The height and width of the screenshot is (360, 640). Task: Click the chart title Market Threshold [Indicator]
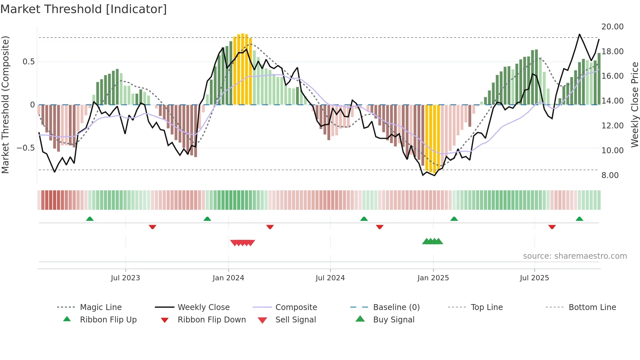click(x=84, y=9)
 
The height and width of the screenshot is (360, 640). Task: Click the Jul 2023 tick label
click(x=125, y=278)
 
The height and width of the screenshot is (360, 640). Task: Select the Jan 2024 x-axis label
click(x=228, y=278)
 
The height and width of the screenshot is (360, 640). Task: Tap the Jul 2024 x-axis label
click(x=330, y=278)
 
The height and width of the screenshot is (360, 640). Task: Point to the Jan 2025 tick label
click(x=433, y=278)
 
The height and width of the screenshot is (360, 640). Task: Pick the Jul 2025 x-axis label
click(x=535, y=278)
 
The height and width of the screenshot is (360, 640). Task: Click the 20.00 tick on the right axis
click(x=613, y=27)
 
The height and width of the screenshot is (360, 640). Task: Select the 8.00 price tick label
click(x=610, y=175)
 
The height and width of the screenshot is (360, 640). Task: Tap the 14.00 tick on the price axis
click(x=613, y=101)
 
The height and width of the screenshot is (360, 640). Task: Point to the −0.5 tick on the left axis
click(x=25, y=148)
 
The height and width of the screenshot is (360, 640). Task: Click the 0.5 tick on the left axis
click(x=28, y=62)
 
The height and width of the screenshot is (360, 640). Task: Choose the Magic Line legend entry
click(x=101, y=307)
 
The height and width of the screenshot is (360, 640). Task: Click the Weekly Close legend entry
click(x=203, y=307)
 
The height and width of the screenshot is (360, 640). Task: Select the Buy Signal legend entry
click(x=393, y=320)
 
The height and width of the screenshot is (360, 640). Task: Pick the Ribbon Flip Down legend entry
click(x=212, y=320)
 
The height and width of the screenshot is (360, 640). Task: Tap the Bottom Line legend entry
click(x=592, y=307)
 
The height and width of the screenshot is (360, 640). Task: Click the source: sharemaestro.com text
click(x=575, y=256)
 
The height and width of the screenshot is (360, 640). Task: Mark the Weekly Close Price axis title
click(x=634, y=105)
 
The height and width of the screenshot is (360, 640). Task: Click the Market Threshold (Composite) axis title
click(x=5, y=105)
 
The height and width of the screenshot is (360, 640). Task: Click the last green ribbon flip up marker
click(x=579, y=219)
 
